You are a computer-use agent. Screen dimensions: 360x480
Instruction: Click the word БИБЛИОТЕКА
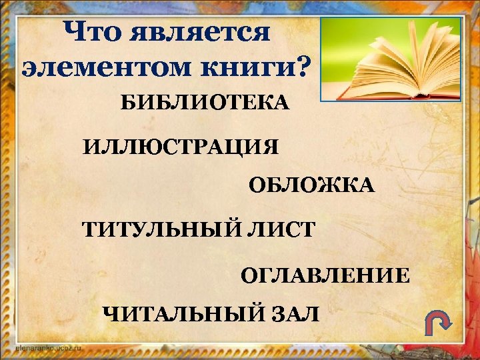[x=205, y=103]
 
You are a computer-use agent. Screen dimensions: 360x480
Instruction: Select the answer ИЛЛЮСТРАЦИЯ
[x=181, y=146]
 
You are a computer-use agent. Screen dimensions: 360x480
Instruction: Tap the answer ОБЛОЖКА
[x=312, y=186]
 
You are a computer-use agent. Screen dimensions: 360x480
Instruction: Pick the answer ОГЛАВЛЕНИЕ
[x=325, y=275]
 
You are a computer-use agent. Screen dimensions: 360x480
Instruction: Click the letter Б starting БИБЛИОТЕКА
[x=127, y=103]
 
